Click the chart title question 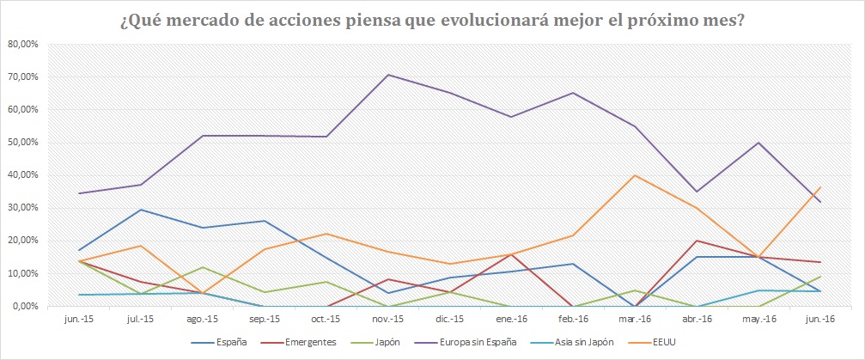(432, 19)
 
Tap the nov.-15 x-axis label (390, 318)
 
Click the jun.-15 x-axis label (79, 318)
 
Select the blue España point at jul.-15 (141, 210)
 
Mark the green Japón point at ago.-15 (203, 267)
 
